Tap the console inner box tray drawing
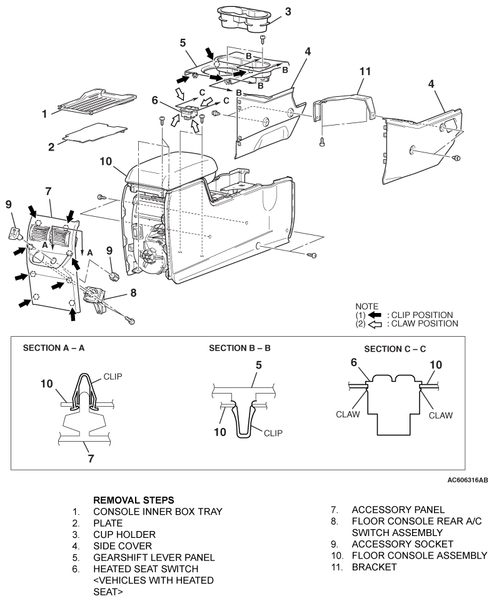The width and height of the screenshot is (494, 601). click(x=98, y=102)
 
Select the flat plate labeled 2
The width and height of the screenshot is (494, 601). click(x=95, y=132)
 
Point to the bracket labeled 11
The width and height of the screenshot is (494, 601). click(x=343, y=107)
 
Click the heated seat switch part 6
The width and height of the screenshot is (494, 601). click(x=189, y=112)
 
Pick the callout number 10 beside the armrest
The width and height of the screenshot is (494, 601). click(x=106, y=161)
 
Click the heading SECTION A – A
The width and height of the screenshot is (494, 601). click(x=54, y=348)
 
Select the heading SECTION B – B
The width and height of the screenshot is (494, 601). click(x=239, y=348)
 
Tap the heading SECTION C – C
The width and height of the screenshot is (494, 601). click(x=395, y=349)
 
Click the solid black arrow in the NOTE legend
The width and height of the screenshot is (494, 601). click(x=375, y=315)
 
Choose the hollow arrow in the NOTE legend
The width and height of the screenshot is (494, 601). click(x=375, y=324)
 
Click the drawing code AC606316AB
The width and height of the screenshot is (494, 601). click(x=468, y=480)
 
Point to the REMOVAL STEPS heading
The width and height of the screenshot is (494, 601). click(x=133, y=500)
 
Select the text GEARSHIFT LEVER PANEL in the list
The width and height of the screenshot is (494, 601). click(x=154, y=557)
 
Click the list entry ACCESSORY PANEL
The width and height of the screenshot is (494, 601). click(x=398, y=510)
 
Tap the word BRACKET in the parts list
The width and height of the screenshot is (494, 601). click(x=374, y=567)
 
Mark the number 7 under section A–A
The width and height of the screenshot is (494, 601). click(x=91, y=459)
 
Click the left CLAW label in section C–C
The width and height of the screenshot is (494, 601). click(x=348, y=414)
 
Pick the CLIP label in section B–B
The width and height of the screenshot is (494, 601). click(x=273, y=433)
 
